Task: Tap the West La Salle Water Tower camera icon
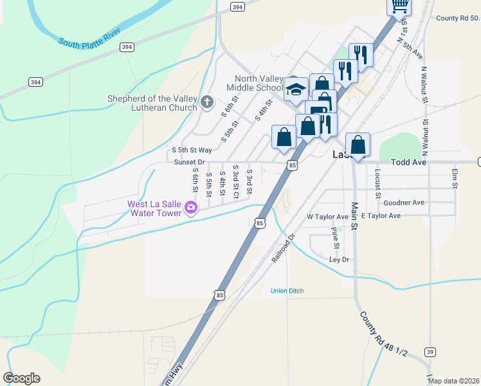(x=190, y=207)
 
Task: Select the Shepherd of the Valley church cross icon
(x=206, y=102)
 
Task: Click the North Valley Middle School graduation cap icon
(x=296, y=91)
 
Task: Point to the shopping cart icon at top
(x=399, y=5)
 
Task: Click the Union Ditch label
(x=287, y=291)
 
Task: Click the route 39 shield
(x=430, y=352)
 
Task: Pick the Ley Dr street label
(x=338, y=260)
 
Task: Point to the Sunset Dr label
(x=189, y=162)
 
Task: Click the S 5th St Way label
(x=191, y=150)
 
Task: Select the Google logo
(x=21, y=378)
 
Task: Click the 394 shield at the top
(x=237, y=7)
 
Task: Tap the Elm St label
(x=454, y=178)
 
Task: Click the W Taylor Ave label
(x=327, y=216)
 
